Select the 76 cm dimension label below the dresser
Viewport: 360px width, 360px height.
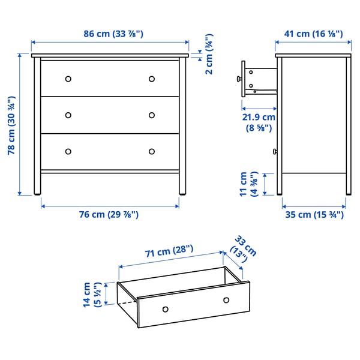click(111, 215)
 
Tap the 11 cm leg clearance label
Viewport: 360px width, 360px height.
click(248, 184)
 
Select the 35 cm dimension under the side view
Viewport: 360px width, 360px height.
click(314, 215)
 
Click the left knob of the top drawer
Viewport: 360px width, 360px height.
click(68, 79)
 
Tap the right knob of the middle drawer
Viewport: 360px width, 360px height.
click(151, 115)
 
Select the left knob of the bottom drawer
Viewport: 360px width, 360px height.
click(68, 151)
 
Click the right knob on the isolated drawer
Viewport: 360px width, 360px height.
click(226, 300)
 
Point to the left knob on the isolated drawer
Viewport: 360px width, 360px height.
click(165, 309)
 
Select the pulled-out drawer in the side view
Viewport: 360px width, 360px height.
click(259, 79)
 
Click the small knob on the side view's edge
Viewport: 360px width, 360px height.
click(275, 151)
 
